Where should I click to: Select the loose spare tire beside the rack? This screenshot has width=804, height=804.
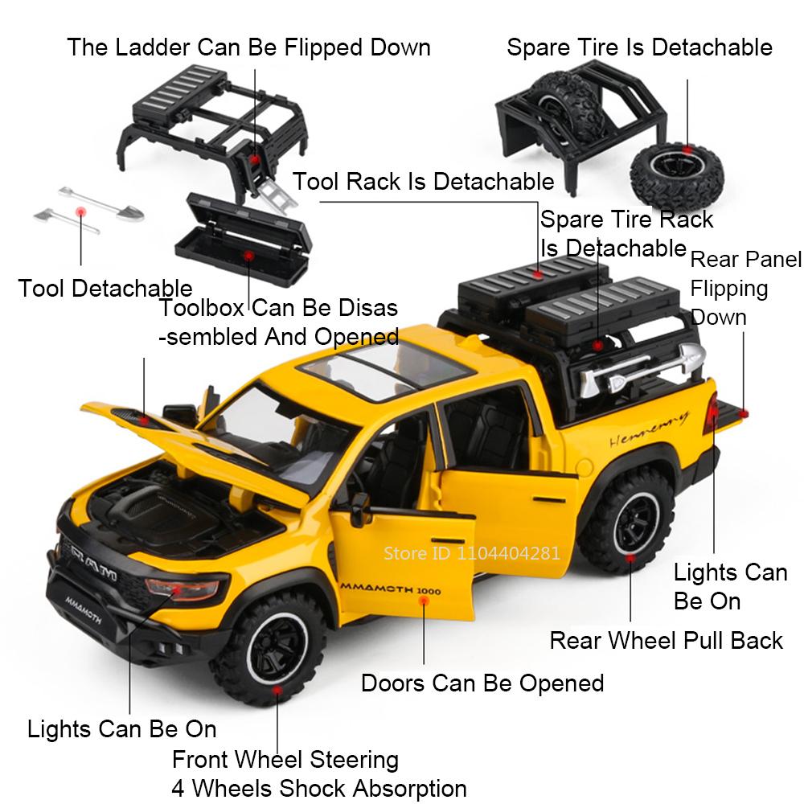(677, 174)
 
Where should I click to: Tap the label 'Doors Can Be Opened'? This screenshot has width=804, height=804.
(482, 683)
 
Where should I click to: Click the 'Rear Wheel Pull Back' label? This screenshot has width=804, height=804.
(666, 641)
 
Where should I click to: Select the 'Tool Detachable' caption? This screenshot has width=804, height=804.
(105, 288)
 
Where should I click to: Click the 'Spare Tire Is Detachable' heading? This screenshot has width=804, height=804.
(639, 47)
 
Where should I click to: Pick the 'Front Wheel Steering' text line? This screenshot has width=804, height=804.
(285, 760)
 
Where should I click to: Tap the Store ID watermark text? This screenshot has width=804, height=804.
(472, 553)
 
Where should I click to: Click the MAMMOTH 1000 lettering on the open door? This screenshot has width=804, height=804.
(391, 589)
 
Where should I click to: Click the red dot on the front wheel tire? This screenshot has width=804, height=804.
(277, 690)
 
